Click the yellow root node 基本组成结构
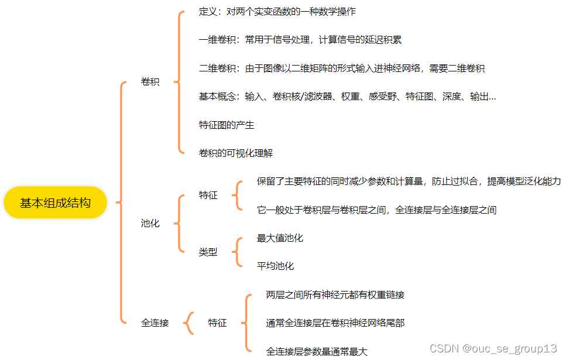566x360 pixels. click(x=55, y=203)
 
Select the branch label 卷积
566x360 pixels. click(x=150, y=82)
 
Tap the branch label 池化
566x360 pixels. click(x=150, y=223)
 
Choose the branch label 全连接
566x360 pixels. click(x=155, y=323)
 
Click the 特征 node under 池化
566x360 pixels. click(x=208, y=195)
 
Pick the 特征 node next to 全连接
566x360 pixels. click(x=217, y=323)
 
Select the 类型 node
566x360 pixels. click(x=208, y=252)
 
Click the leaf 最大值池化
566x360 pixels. click(x=280, y=238)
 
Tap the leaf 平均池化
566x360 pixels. click(x=275, y=266)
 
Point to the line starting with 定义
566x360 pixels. click(x=277, y=11)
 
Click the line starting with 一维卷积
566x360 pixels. click(x=300, y=40)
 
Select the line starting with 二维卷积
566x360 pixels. click(x=341, y=68)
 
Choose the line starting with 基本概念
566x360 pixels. click(x=347, y=97)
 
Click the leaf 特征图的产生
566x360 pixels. click(x=227, y=125)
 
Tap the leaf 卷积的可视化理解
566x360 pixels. click(x=236, y=153)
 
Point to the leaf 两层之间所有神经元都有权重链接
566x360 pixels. click(x=335, y=294)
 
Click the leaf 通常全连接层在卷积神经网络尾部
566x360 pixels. click(x=335, y=323)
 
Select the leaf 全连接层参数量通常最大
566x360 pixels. click(x=317, y=351)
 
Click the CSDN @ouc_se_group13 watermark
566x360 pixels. click(x=493, y=349)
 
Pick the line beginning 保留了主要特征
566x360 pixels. click(x=409, y=181)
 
